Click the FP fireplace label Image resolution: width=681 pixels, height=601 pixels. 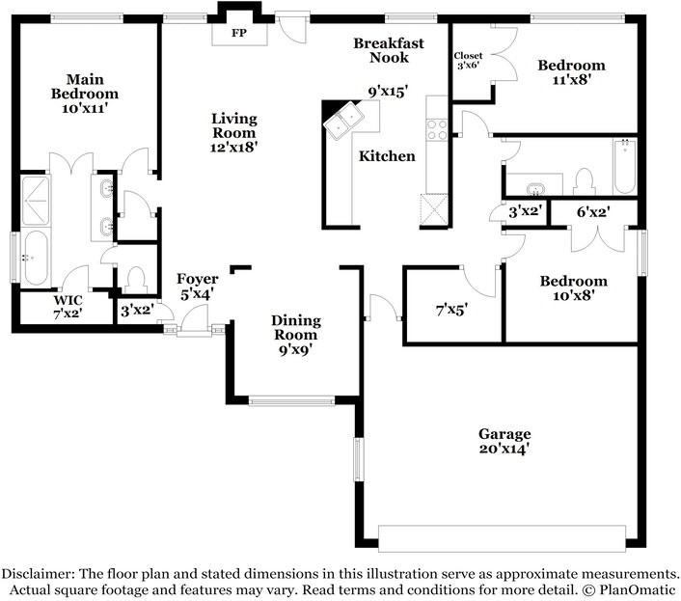tap(239, 33)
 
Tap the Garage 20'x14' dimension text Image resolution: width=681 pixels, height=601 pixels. tap(504, 449)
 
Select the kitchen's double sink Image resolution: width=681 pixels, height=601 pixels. tap(344, 120)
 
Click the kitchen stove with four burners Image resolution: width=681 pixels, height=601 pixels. tap(437, 129)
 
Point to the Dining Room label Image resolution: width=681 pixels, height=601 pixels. tap(296, 327)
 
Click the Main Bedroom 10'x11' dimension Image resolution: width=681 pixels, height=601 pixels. tap(85, 108)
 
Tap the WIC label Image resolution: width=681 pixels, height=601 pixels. tap(68, 300)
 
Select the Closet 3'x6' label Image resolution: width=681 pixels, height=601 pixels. tap(468, 61)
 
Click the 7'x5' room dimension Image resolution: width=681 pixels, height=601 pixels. tap(451, 310)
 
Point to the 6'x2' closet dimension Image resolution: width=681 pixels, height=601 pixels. tap(593, 212)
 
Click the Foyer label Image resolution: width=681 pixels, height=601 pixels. tap(198, 279)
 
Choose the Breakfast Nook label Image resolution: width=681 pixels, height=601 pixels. tap(389, 50)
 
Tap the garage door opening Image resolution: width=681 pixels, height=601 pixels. tap(502, 538)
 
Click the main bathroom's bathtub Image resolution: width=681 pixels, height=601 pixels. tap(36, 259)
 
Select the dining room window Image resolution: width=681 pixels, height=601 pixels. tap(291, 400)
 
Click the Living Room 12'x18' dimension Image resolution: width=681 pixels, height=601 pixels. tap(234, 148)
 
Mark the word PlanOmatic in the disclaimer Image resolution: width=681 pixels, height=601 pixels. tap(638, 590)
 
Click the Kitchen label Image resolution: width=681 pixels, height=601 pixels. tap(387, 156)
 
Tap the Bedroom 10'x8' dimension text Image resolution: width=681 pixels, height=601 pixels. tap(573, 296)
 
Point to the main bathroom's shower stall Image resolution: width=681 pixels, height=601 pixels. tap(36, 201)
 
